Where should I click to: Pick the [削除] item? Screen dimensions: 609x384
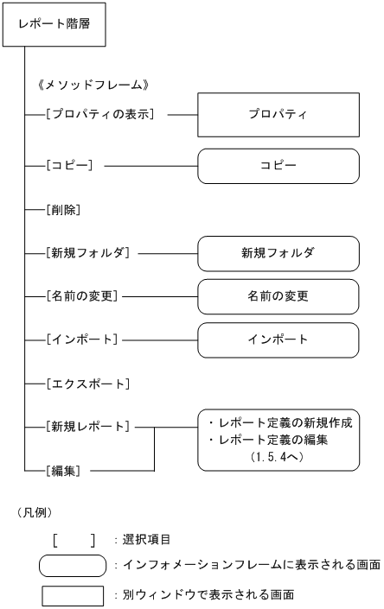point(66,209)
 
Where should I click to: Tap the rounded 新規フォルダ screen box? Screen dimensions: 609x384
point(278,254)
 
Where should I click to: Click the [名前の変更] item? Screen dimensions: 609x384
point(83,295)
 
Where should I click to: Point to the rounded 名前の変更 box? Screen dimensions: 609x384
point(278,295)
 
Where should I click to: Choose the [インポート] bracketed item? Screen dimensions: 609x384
point(83,339)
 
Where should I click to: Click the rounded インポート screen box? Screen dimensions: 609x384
point(278,339)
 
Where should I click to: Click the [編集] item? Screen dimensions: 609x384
point(66,471)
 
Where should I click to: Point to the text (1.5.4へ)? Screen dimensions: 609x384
point(278,456)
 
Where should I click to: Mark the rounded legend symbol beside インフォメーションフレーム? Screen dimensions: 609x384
point(74,565)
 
